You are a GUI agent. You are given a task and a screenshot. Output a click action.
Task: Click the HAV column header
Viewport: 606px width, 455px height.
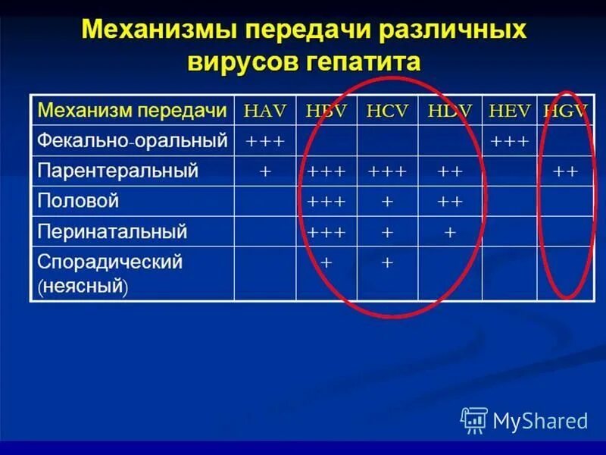(265, 111)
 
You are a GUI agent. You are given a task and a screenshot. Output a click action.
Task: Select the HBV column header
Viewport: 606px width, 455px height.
(326, 111)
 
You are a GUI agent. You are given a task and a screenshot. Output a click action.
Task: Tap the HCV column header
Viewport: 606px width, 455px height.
(387, 111)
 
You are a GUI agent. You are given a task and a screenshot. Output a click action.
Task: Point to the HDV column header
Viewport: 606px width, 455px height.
(450, 111)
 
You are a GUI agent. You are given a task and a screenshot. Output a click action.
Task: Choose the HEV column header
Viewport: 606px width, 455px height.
(510, 111)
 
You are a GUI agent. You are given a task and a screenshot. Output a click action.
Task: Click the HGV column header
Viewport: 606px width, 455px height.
(565, 111)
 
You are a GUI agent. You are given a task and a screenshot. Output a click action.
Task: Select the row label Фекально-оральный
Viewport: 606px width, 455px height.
(133, 140)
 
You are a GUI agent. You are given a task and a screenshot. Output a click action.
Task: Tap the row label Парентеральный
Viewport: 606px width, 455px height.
(118, 171)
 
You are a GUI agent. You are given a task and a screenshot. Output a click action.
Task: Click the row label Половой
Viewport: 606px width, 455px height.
(79, 201)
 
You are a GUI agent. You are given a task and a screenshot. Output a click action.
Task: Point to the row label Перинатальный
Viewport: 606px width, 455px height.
(112, 231)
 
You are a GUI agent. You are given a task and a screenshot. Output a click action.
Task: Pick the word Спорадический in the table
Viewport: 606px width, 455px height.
(111, 262)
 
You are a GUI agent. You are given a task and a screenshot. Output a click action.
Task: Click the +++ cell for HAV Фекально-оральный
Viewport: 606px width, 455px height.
(265, 141)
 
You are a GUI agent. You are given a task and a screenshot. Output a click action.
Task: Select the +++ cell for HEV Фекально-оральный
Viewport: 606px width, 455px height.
(510, 141)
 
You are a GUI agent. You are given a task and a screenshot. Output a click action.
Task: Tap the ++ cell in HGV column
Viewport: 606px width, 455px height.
(566, 171)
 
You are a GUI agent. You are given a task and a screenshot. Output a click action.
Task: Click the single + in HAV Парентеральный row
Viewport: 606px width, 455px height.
(265, 171)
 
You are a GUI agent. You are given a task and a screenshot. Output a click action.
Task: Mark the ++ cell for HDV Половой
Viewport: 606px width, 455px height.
(450, 202)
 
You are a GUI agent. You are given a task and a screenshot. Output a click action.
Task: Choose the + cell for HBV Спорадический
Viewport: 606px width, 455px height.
(326, 262)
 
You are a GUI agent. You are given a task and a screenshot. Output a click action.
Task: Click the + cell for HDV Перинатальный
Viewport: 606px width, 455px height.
(450, 232)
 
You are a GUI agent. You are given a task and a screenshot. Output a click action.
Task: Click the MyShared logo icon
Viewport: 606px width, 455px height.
(474, 419)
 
